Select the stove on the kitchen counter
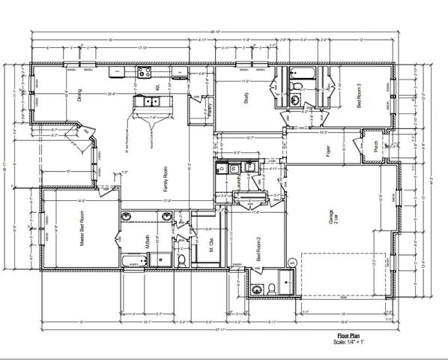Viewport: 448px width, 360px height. [143, 72]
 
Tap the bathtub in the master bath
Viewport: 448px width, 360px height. [136, 262]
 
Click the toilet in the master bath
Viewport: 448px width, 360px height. [181, 260]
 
